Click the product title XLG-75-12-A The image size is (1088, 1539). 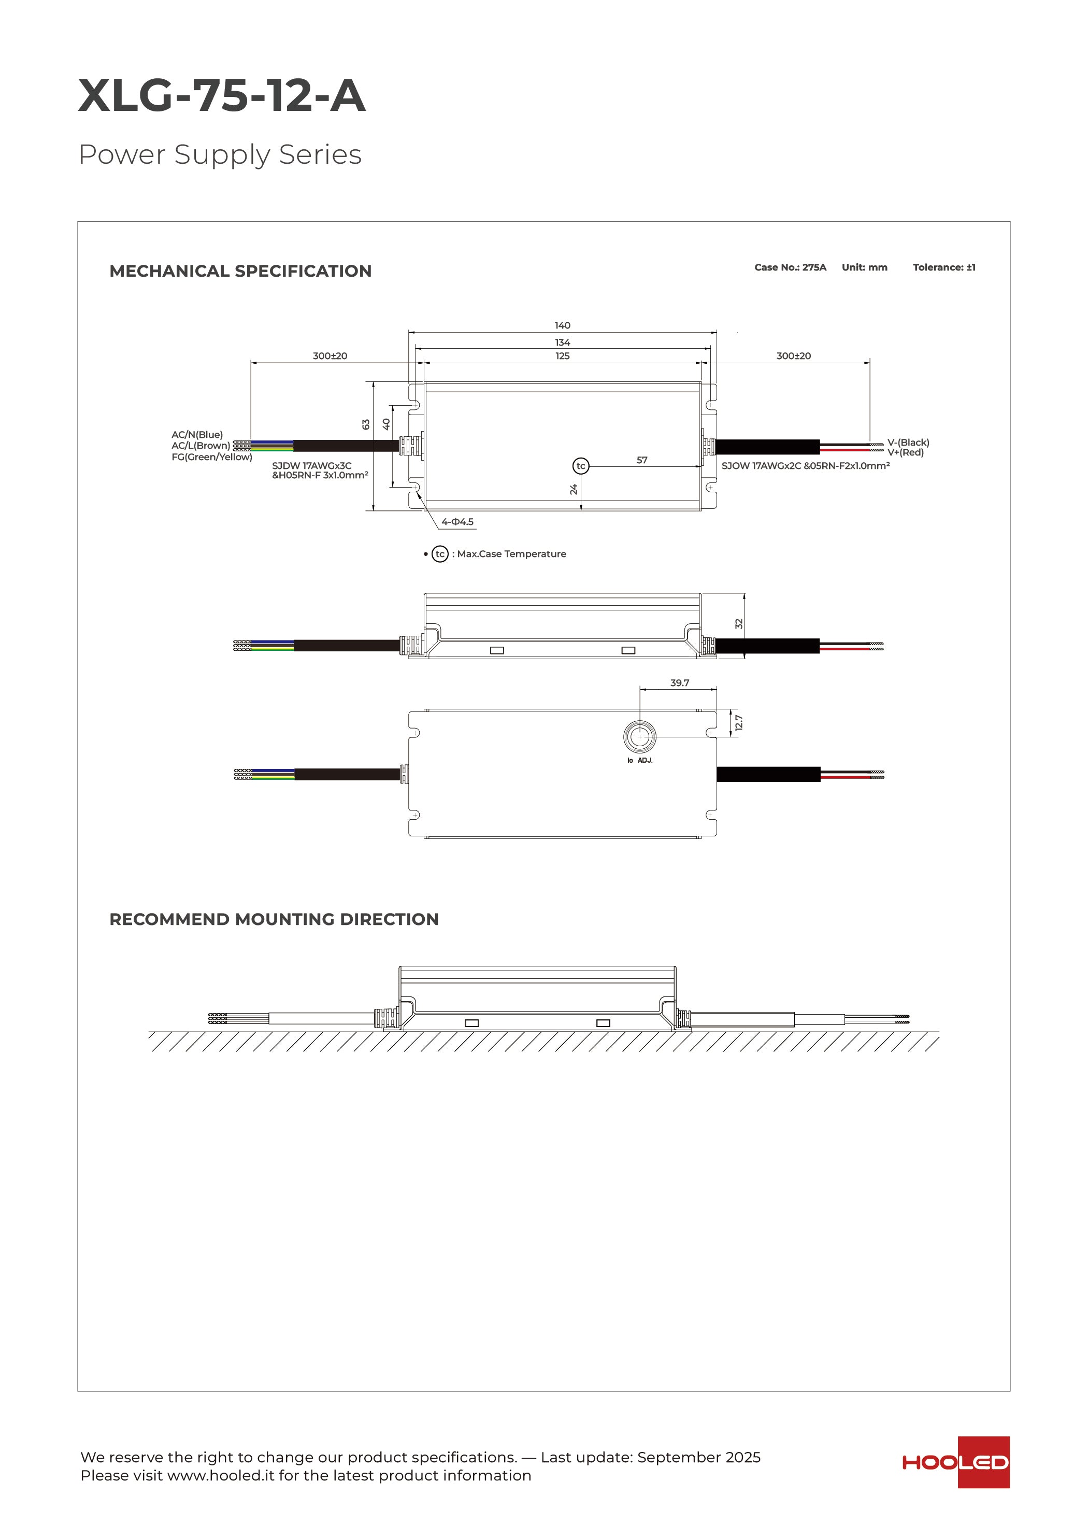click(221, 95)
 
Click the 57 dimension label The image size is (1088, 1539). click(641, 460)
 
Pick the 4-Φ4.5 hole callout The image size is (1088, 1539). click(457, 521)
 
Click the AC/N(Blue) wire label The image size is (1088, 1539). click(197, 434)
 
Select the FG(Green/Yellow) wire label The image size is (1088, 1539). click(212, 457)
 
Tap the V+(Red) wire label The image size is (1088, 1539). click(905, 452)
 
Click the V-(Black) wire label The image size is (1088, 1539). click(908, 443)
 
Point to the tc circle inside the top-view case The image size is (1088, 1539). click(581, 466)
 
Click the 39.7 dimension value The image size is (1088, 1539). click(679, 683)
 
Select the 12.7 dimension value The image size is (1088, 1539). click(739, 722)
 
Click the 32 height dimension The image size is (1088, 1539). click(739, 623)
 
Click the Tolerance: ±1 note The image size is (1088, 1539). click(943, 267)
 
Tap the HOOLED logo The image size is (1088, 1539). click(955, 1462)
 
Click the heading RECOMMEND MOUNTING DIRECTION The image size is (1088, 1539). click(274, 919)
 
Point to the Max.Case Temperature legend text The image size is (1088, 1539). click(511, 553)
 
